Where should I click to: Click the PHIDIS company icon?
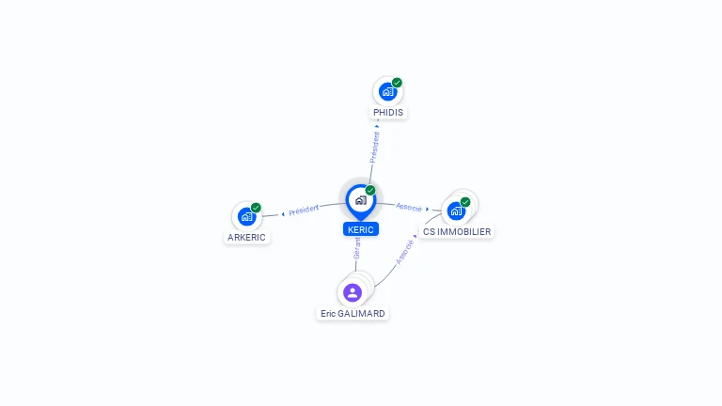click(x=387, y=91)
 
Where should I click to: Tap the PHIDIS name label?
click(x=388, y=113)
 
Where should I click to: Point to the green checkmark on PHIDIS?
click(x=397, y=83)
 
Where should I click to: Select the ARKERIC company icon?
click(x=247, y=216)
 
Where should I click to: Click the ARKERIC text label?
click(x=246, y=238)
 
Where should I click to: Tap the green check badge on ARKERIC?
click(x=256, y=208)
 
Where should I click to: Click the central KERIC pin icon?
click(x=361, y=202)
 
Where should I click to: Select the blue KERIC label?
click(x=361, y=229)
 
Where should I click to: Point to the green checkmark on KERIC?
click(x=370, y=190)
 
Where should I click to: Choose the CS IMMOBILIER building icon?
click(x=456, y=211)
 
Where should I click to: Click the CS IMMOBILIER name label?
click(x=457, y=231)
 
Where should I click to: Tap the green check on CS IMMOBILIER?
click(x=465, y=202)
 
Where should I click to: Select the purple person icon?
click(x=353, y=292)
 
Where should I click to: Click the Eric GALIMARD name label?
click(x=353, y=314)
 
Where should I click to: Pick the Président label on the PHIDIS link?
click(x=375, y=148)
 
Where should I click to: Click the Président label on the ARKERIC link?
click(x=304, y=211)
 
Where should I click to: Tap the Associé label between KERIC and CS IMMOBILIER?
click(x=409, y=208)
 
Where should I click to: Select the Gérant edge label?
click(x=357, y=248)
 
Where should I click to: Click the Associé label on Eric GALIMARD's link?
click(x=405, y=253)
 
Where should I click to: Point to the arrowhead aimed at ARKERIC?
click(x=283, y=214)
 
